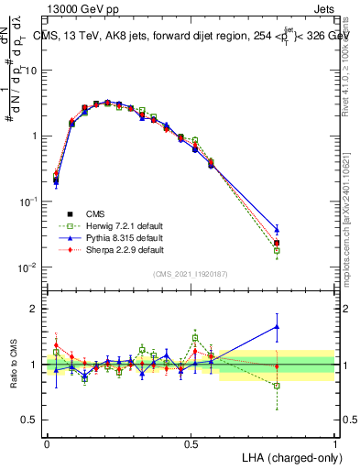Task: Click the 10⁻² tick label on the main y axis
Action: tap(29, 267)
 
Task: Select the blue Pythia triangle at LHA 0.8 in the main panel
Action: tap(277, 229)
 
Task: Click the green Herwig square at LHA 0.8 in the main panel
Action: tap(277, 250)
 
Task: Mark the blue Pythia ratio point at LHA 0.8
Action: tap(277, 326)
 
